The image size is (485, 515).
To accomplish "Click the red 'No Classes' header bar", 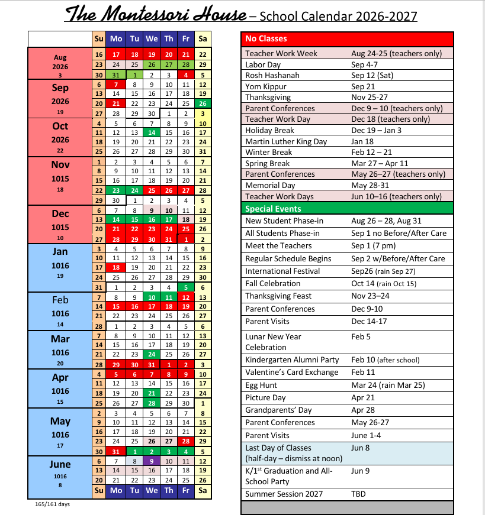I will (348, 38).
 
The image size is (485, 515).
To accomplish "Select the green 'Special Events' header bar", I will (348, 209).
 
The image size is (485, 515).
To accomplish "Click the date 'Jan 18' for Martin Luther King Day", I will (363, 141).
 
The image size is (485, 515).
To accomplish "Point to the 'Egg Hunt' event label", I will (261, 385).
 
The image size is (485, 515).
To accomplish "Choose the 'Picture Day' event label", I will (265, 397).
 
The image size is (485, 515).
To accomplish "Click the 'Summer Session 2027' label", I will (284, 494).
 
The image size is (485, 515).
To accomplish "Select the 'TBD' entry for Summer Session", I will (359, 494).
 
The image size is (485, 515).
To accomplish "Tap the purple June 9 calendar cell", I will (152, 461).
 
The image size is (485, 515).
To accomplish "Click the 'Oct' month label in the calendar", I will (60, 126).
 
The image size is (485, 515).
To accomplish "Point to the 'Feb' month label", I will (60, 300).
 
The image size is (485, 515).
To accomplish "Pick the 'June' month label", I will (60, 464).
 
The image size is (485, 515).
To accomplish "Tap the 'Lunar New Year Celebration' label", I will (274, 342).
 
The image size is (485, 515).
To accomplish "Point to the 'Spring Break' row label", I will (268, 163).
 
